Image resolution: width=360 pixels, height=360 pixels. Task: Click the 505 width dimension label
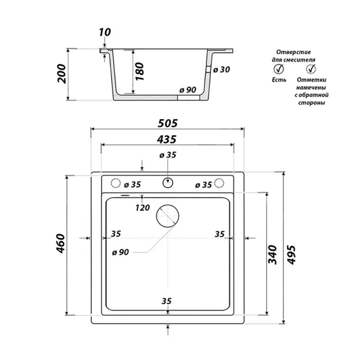168,123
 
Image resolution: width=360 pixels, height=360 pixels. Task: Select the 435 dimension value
167,139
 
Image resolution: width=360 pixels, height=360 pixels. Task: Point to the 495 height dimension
291,255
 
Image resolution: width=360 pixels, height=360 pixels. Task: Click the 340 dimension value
273,255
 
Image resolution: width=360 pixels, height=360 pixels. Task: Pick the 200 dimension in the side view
62,74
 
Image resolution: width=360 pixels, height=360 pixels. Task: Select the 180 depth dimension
140,72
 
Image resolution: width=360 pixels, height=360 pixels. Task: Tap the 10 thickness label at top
105,32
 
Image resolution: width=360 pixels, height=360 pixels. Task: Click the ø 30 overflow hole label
221,69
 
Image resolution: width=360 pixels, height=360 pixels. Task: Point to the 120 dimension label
143,208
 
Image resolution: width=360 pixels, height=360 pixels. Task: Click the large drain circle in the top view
168,216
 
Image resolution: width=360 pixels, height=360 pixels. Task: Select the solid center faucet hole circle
168,183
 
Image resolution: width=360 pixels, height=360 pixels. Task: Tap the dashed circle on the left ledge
116,183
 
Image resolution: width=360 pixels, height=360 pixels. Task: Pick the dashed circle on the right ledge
219,183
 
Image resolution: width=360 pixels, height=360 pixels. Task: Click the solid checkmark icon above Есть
279,69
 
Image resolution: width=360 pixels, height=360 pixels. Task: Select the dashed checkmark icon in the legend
311,69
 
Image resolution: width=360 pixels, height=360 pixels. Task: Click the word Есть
279,80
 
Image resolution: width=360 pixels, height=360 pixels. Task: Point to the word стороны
311,103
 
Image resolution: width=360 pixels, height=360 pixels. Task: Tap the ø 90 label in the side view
188,90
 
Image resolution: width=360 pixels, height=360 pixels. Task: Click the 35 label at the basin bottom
166,301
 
